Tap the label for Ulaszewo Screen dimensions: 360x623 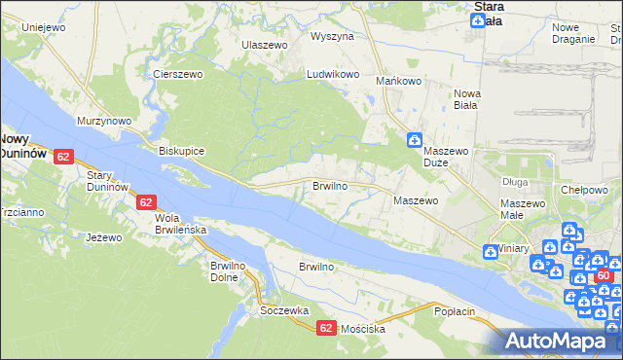coord(266,45)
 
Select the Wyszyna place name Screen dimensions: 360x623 coord(332,36)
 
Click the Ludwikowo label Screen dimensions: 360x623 coord(334,74)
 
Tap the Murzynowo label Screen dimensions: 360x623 coord(105,121)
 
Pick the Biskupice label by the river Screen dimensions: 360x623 coord(181,151)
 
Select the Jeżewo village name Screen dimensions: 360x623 coord(103,237)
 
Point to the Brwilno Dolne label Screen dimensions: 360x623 coord(233,271)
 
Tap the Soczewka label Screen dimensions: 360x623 coord(284,310)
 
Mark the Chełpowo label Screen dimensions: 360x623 coord(584,190)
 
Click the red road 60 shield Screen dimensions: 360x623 coord(605,277)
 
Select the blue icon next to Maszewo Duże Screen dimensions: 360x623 coord(414,140)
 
